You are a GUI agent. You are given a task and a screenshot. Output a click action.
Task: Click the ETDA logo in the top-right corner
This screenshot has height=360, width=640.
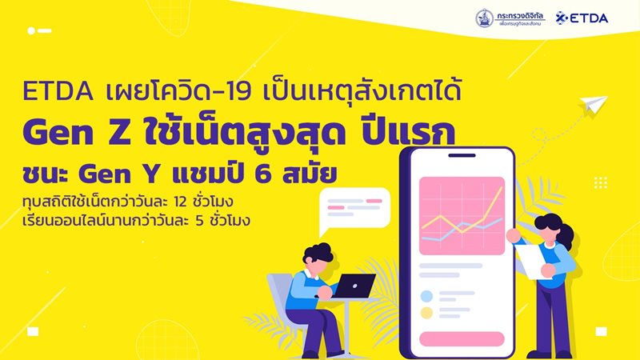pos(588,17)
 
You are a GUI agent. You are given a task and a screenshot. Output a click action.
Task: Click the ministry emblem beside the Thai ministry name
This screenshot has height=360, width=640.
pos(484,16)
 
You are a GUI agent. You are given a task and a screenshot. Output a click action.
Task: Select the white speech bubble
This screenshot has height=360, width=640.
pos(353,213)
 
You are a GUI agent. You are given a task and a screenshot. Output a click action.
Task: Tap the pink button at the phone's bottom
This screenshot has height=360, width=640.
pos(462,338)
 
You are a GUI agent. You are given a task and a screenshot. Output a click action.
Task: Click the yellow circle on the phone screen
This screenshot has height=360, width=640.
pos(426,313)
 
